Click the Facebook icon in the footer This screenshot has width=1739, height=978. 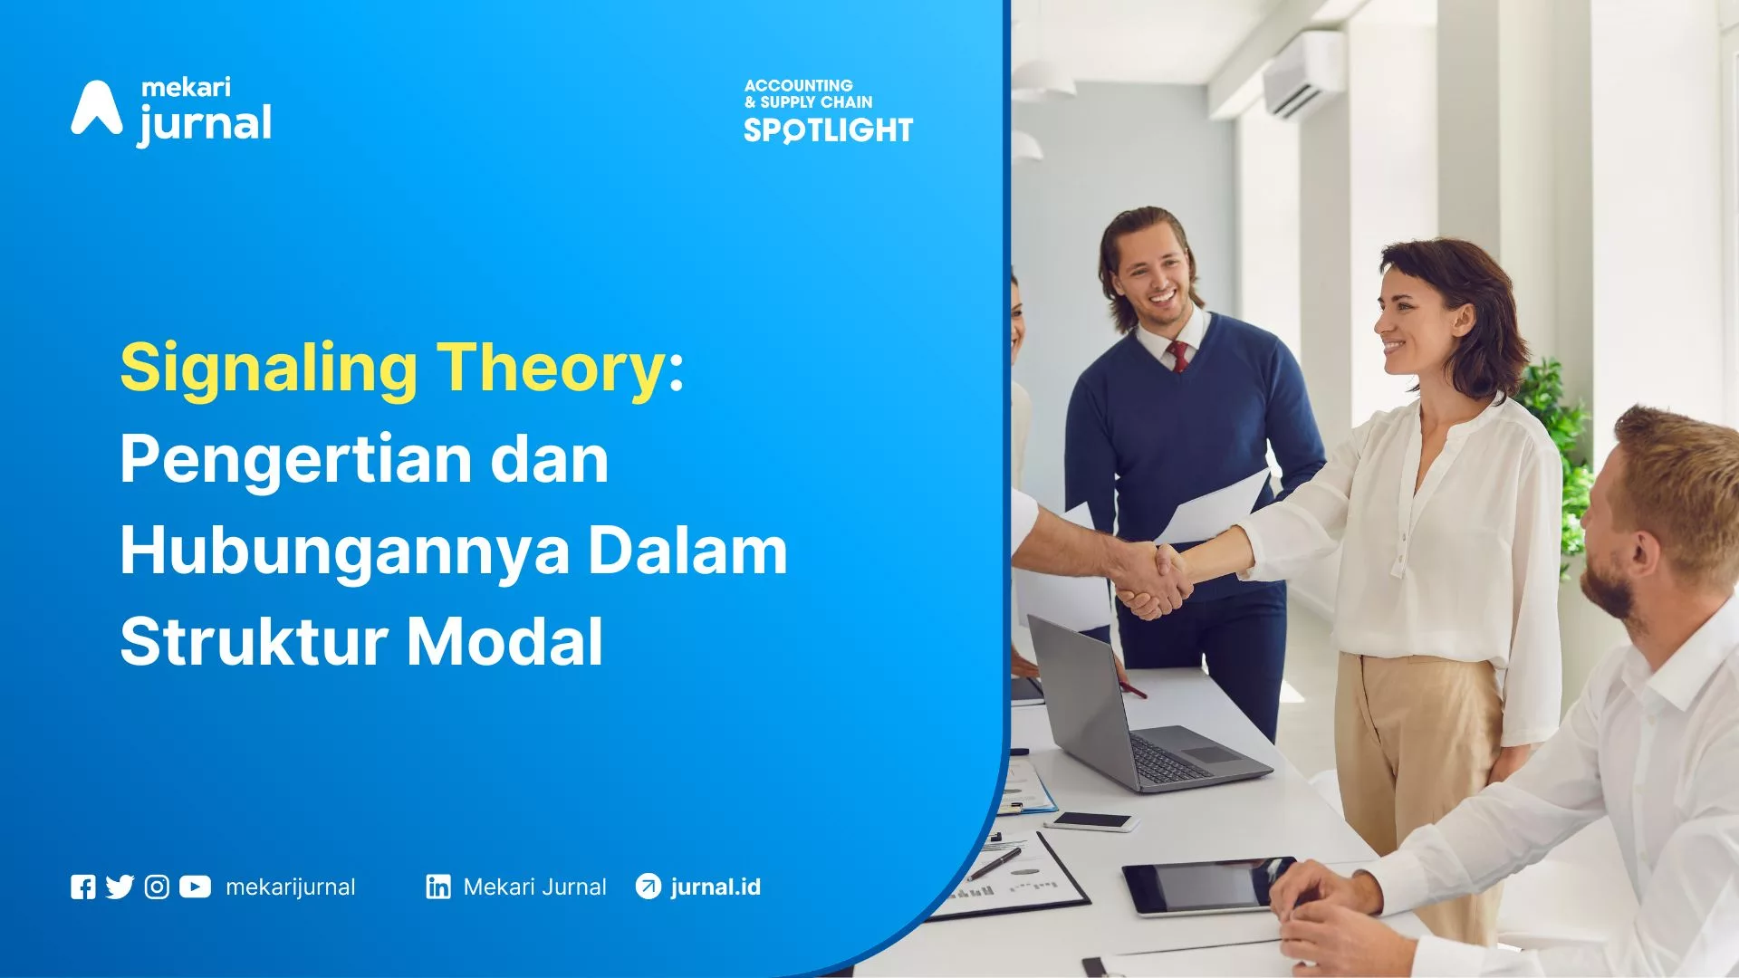82,887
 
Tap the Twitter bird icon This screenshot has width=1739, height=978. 120,887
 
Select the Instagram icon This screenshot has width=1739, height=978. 157,887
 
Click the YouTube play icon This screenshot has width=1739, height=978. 195,887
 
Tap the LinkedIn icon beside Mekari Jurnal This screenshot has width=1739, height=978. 438,887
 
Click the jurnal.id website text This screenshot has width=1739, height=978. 716,887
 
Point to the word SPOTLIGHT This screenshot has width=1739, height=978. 828,130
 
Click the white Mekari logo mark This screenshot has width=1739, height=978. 97,108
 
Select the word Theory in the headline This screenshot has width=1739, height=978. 552,369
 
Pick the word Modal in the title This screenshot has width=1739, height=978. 504,641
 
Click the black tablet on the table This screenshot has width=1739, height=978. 1206,886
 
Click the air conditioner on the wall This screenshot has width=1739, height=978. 1304,76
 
